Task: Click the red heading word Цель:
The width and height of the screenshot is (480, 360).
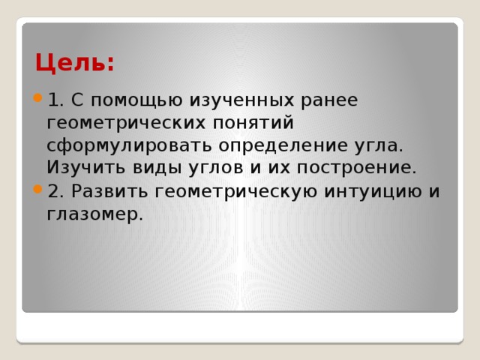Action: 74,62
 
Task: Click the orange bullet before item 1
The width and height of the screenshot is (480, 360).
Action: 37,100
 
